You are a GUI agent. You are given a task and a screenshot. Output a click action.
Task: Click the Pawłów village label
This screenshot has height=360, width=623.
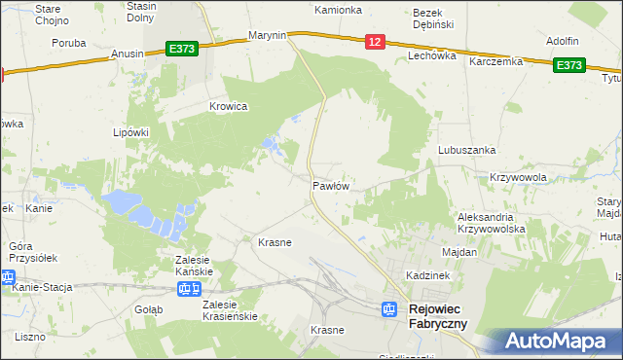tap(331, 185)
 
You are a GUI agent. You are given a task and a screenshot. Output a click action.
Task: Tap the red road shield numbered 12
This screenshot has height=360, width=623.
tap(376, 41)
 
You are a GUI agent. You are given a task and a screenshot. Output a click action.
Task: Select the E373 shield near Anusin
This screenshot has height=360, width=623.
tap(182, 48)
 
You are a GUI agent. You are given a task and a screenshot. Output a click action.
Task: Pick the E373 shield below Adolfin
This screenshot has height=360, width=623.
tap(568, 65)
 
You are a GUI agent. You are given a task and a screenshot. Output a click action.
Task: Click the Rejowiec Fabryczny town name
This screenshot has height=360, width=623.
tap(438, 316)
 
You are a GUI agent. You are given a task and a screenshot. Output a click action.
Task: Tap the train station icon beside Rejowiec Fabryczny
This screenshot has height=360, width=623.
tap(389, 309)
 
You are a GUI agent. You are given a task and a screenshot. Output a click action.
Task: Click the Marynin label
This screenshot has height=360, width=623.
tap(267, 35)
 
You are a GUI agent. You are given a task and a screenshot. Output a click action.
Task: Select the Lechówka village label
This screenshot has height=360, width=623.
tap(432, 57)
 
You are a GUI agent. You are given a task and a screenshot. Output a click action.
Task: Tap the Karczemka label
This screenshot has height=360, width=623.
tap(495, 60)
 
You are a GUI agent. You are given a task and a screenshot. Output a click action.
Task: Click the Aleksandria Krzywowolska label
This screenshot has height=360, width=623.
tap(492, 223)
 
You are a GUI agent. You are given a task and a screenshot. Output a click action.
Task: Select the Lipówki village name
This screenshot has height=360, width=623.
tap(130, 132)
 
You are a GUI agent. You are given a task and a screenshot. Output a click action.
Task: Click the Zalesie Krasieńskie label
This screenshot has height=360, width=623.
tap(229, 310)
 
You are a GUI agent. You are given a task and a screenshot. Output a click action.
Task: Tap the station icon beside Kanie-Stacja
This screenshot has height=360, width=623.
tap(9, 276)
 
